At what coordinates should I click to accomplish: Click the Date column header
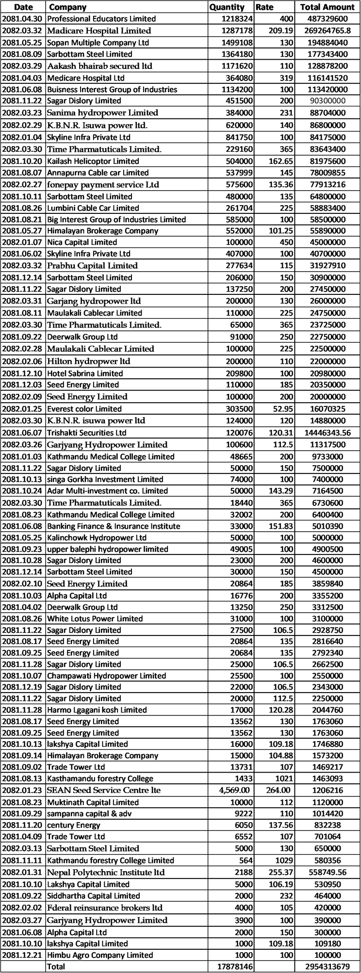point(23,7)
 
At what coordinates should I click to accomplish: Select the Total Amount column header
point(328,7)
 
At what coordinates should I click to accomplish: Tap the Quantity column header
point(227,7)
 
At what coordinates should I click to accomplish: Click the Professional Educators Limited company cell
point(101,19)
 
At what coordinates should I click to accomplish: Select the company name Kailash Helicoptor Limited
point(93,161)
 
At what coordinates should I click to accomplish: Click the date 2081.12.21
point(23,955)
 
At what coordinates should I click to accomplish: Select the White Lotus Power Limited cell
point(95,618)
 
